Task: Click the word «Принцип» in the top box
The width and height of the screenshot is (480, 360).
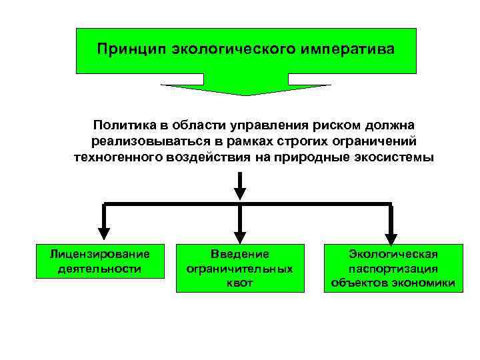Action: [131, 49]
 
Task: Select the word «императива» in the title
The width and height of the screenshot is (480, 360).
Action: [345, 49]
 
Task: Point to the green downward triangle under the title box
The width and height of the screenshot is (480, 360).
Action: [245, 89]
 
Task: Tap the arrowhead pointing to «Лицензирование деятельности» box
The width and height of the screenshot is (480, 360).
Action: [103, 233]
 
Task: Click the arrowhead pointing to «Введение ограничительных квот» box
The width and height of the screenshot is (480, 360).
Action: [240, 235]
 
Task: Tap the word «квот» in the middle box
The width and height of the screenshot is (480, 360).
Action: [240, 284]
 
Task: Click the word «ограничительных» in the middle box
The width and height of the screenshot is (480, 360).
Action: [240, 269]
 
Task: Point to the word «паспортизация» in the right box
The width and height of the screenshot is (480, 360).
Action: [393, 269]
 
